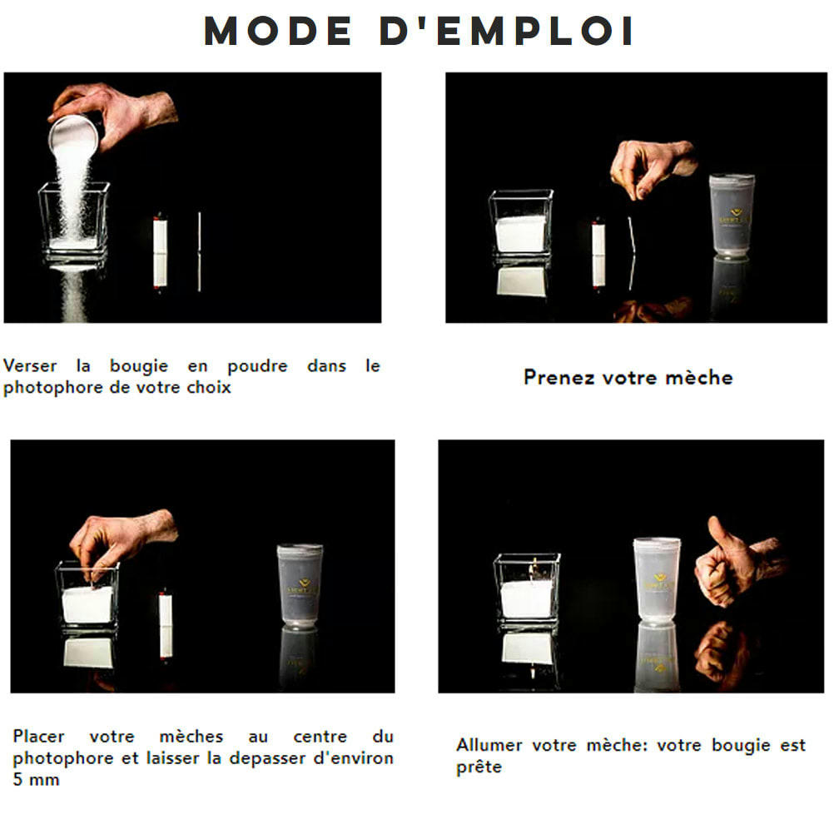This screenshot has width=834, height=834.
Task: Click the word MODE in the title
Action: (274, 32)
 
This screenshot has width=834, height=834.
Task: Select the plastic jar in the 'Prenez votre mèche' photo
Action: (732, 216)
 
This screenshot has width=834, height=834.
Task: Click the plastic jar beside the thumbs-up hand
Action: (656, 579)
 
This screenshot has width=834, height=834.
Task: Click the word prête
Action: (479, 767)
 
